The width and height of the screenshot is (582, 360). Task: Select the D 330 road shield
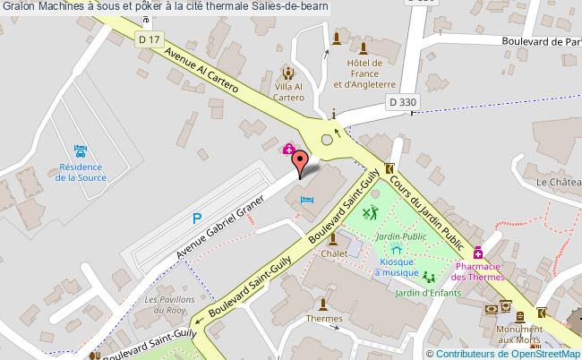(402, 102)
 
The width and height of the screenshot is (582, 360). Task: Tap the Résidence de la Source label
(81, 172)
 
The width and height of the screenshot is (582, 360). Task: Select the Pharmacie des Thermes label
(478, 271)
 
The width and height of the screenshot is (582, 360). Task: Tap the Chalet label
(334, 253)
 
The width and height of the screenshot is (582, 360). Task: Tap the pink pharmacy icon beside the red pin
(289, 149)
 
